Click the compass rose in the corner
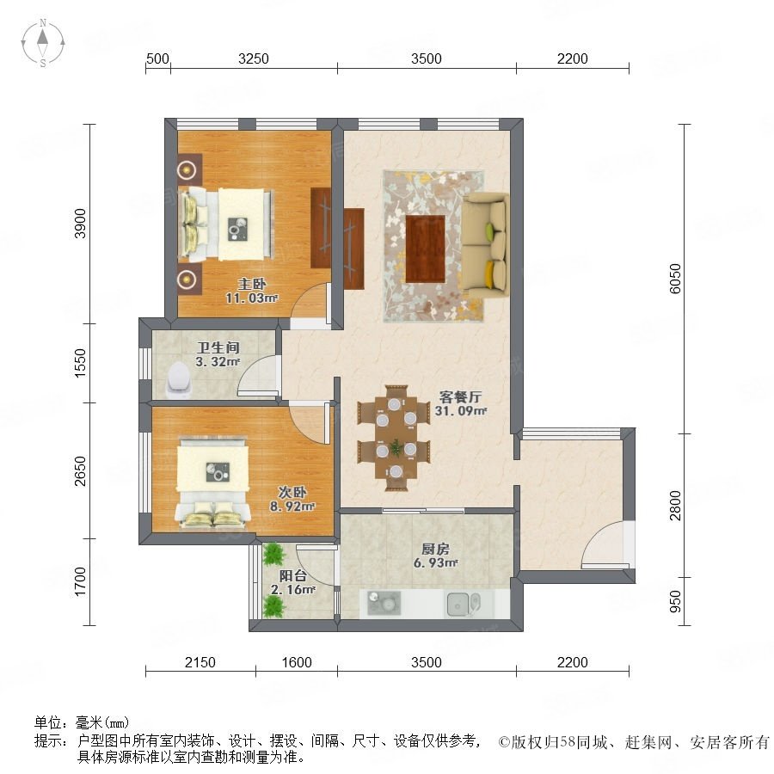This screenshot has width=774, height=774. [43, 43]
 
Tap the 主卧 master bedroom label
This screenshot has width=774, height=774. [252, 284]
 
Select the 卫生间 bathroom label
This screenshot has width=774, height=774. [218, 347]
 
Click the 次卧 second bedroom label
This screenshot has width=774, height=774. [292, 492]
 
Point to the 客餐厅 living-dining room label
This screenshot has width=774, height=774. [461, 396]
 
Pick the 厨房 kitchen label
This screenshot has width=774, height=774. [435, 549]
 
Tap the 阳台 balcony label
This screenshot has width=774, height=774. [293, 575]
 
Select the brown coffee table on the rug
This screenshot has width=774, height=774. [425, 249]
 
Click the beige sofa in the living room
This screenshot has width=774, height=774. [485, 245]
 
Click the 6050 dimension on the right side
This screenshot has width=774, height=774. [675, 279]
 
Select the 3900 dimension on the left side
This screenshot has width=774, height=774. [80, 224]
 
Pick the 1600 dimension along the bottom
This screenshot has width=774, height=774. [297, 662]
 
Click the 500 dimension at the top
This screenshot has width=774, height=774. [157, 58]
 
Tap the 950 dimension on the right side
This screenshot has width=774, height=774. [675, 602]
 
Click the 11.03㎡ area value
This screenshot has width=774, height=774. [252, 298]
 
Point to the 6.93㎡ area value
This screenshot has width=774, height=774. [435, 562]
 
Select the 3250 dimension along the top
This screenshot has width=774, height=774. [254, 58]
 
